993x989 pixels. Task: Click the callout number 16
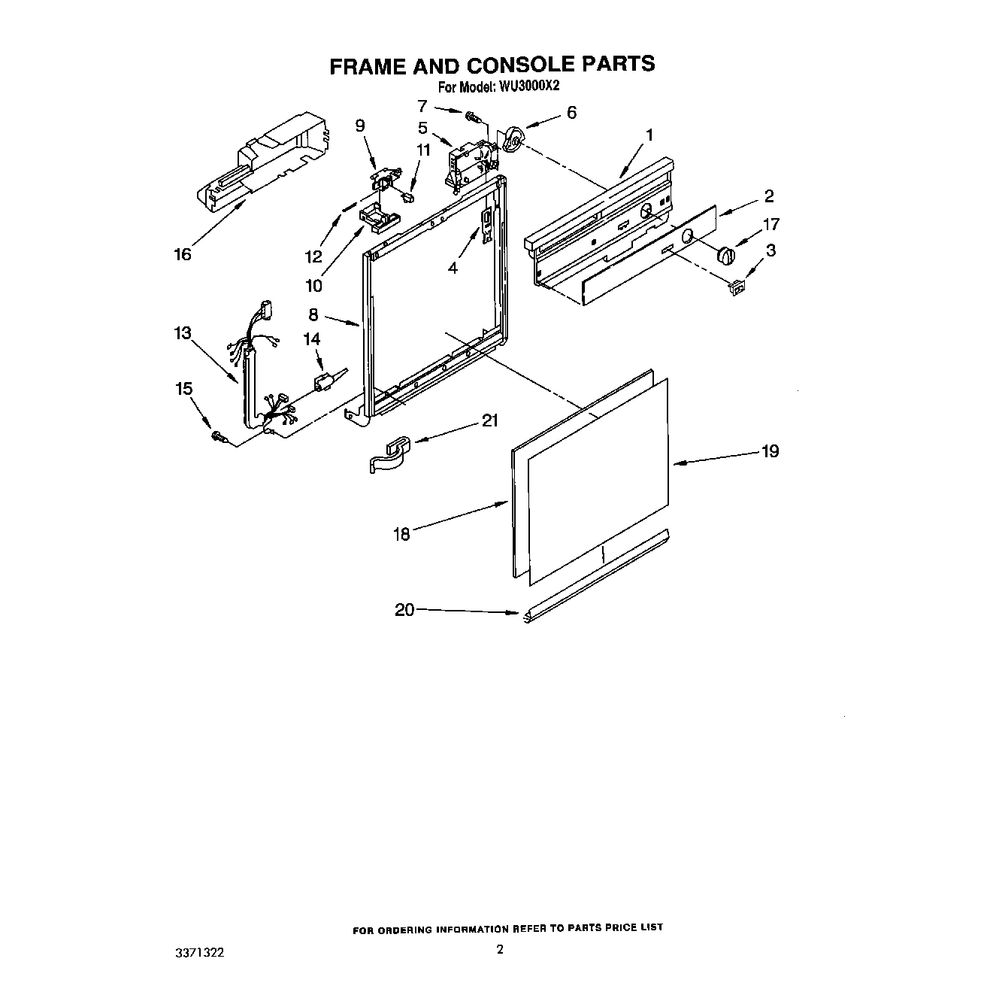click(183, 254)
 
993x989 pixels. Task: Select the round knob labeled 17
click(725, 254)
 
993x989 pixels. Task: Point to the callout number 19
click(770, 451)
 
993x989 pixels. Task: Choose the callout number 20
click(404, 610)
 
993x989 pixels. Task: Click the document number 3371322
click(199, 952)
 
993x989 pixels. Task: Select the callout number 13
click(183, 333)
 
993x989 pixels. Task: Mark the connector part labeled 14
click(324, 383)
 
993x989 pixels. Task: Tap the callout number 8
click(313, 315)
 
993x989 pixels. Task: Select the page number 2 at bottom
click(500, 949)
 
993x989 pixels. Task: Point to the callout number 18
click(402, 534)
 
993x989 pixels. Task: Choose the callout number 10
click(313, 286)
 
